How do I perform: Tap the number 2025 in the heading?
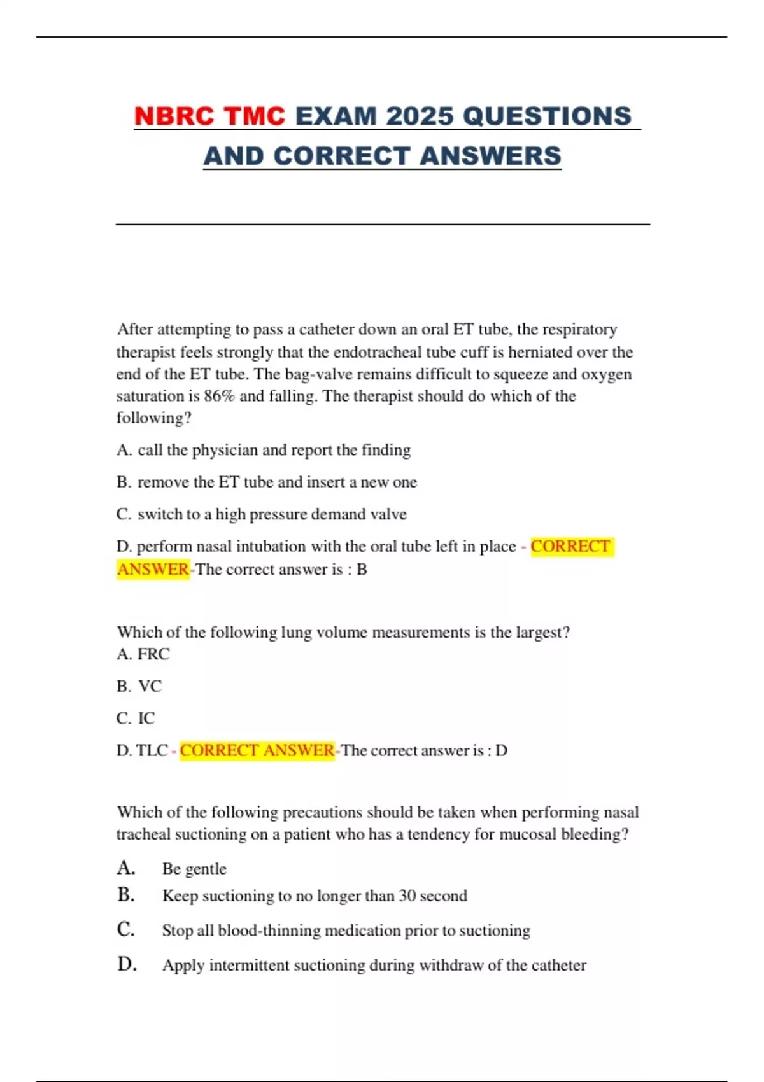(x=420, y=116)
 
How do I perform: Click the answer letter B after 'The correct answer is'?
(x=362, y=569)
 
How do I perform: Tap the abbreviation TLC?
(x=152, y=750)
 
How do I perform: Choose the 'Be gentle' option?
(x=194, y=869)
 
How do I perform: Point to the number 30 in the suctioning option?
(x=407, y=896)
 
